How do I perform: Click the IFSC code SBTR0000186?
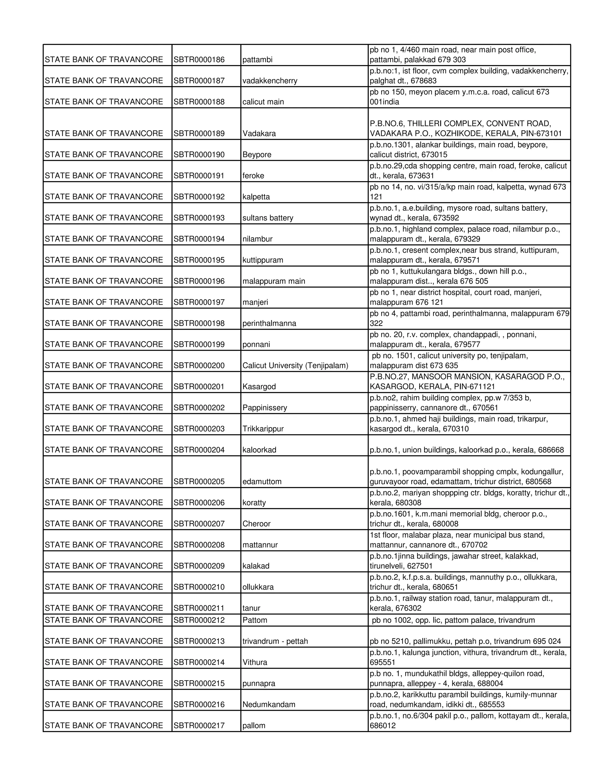pos(199,59)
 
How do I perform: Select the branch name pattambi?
pos(257,59)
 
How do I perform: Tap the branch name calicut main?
pos(263,102)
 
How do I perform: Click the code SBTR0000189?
pos(199,133)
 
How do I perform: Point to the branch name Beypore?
pos(257,155)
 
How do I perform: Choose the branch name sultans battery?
pos(268,218)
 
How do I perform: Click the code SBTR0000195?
pos(199,260)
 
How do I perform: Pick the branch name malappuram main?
pos(273,281)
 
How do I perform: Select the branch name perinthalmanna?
pos(269,324)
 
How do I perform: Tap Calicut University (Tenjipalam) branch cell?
pos(295,365)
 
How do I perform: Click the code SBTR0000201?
pos(199,387)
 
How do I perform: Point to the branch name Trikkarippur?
pos(263,429)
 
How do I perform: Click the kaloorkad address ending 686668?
pos(466,450)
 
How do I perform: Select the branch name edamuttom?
pos(262,482)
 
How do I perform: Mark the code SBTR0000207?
pos(199,524)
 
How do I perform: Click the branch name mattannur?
pos(260,545)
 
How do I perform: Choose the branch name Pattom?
pos(255,620)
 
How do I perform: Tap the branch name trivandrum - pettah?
pos(275,641)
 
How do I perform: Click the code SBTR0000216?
pos(199,705)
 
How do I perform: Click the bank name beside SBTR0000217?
pos(104,726)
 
